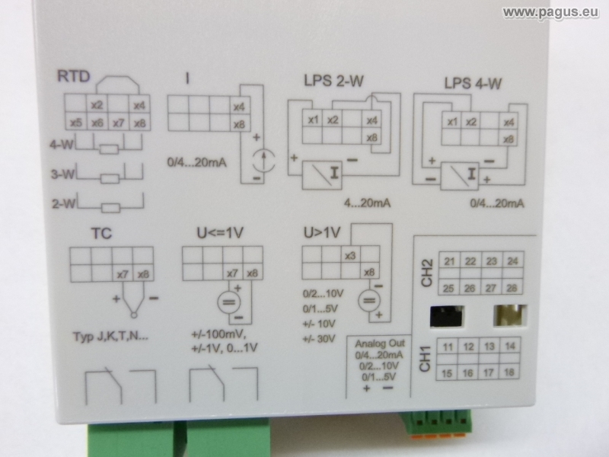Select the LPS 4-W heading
[x=471, y=83]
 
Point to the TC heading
[x=100, y=234]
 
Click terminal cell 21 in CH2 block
[x=450, y=262]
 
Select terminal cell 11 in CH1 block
[x=449, y=347]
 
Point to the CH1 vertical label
[x=426, y=359]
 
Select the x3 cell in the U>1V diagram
[x=351, y=255]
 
